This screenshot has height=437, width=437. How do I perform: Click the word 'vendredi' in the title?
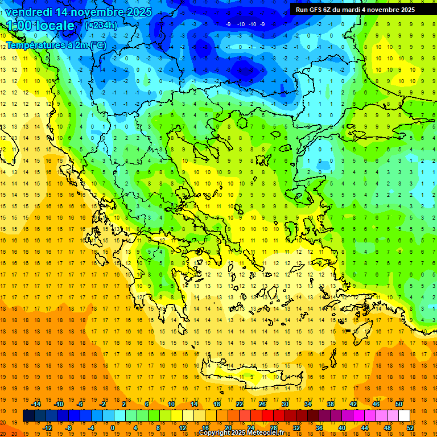click(28, 12)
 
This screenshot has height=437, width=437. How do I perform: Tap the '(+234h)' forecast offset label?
click(101, 25)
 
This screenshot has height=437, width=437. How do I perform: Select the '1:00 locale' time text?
click(40, 26)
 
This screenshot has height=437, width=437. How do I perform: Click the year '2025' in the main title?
click(139, 12)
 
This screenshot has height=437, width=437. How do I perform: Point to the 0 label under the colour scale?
click(112, 427)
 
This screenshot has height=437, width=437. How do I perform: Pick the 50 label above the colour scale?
click(398, 404)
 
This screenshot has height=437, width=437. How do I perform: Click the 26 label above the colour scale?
click(262, 404)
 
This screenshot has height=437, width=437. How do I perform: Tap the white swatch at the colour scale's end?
click(404, 416)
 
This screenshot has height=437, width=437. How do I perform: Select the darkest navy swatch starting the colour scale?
click(28, 416)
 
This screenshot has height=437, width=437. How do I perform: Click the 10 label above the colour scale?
click(171, 404)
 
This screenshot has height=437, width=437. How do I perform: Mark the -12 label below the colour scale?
click(47, 427)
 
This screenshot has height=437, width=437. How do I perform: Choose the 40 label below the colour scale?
click(341, 427)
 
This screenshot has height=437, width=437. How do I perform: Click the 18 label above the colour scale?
click(217, 404)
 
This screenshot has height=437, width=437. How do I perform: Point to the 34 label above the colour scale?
click(308, 404)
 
